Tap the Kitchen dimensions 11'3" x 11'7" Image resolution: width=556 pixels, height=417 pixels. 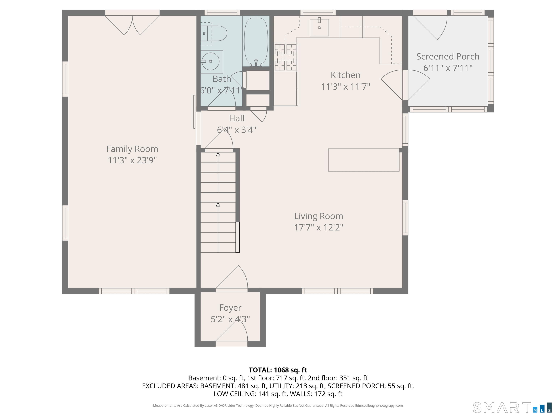tap(346, 87)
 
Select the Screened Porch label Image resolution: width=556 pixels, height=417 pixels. tap(448, 56)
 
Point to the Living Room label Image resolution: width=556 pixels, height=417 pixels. tap(319, 216)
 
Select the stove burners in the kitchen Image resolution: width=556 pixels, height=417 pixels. tap(286, 57)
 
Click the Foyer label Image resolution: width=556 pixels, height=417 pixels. tap(230, 308)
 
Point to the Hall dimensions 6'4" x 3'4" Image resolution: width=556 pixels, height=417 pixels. tap(237, 130)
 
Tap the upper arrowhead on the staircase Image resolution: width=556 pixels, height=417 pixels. tap(218, 155)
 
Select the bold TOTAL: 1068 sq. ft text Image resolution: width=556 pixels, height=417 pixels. tap(278, 370)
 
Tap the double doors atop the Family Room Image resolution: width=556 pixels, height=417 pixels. tap(132, 25)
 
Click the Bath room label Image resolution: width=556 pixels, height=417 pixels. tap(222, 79)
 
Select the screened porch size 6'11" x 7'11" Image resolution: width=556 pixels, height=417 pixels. tap(448, 68)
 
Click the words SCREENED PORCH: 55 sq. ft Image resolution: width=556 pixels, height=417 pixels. tap(371, 386)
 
